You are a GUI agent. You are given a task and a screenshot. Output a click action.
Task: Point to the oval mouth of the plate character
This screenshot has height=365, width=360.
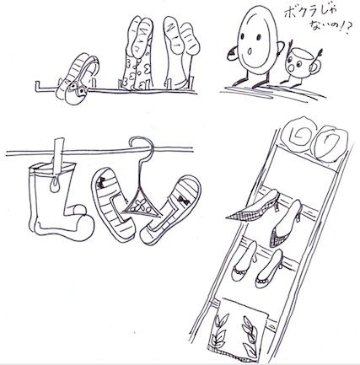pos(250,51)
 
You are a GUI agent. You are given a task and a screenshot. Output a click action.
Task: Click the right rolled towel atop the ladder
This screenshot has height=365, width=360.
pos(330,142)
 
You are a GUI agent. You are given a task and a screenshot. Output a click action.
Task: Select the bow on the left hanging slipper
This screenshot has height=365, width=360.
pos(101,183)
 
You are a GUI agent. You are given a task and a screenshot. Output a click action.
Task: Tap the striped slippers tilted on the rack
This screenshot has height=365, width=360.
pos(77,79)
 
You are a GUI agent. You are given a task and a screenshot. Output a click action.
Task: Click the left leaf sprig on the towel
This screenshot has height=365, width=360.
pos(220,330)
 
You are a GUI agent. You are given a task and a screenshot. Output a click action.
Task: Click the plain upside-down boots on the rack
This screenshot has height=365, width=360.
pos(180,52)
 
